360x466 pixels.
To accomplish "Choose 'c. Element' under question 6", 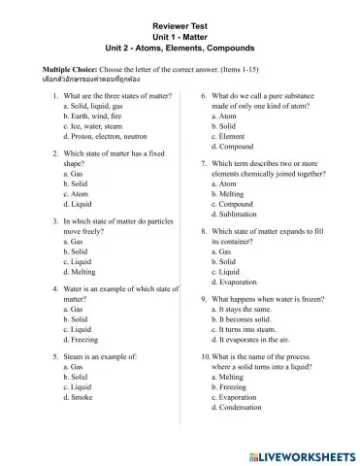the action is click(232, 137).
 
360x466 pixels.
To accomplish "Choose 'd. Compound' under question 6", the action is click(236, 147).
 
